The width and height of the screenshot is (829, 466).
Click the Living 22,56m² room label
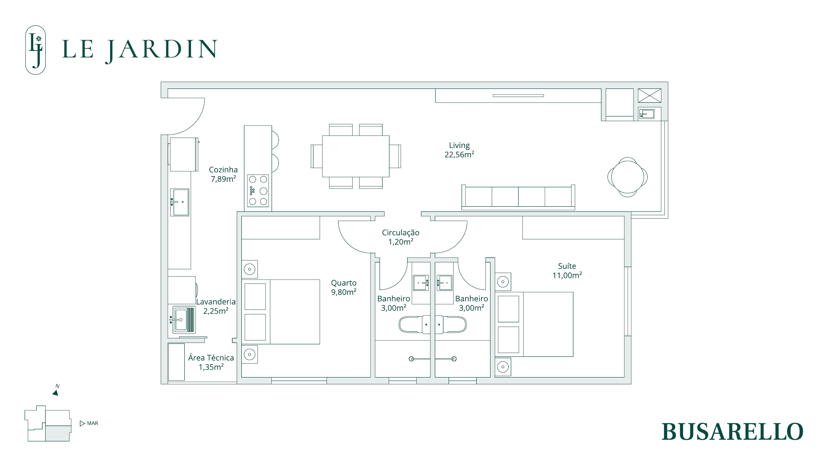(x=459, y=150)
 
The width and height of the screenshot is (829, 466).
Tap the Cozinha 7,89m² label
(x=223, y=174)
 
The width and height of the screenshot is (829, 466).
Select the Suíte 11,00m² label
(x=567, y=271)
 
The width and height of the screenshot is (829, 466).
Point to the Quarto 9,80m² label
(x=344, y=287)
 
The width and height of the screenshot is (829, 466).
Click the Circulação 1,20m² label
(x=401, y=237)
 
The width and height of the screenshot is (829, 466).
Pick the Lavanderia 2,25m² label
(x=216, y=306)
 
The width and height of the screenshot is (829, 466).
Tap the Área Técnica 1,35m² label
(x=211, y=362)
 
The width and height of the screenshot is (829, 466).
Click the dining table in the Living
(x=356, y=156)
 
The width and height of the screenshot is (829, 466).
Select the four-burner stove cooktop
(x=258, y=191)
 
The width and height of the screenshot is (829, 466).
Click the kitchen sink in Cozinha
(x=180, y=202)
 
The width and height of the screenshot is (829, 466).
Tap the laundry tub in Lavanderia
(x=184, y=320)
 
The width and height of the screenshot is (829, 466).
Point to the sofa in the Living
(x=518, y=197)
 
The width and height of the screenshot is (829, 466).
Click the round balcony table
(x=627, y=177)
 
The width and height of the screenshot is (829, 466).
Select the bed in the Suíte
(x=534, y=324)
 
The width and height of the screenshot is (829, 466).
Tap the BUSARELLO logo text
(x=732, y=431)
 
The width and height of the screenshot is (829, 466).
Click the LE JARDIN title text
(x=140, y=50)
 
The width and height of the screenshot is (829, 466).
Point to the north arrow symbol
(x=56, y=393)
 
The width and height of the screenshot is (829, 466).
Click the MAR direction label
(x=92, y=423)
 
